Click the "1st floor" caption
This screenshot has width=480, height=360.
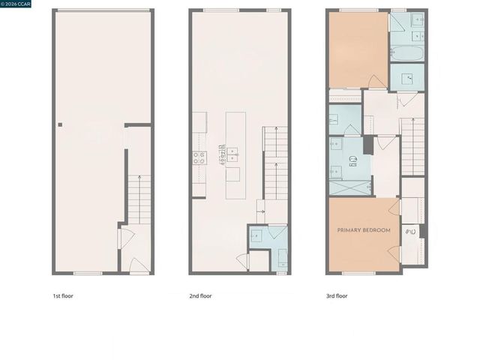pyautogui.click(x=63, y=295)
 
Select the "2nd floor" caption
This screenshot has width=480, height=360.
pyautogui.click(x=200, y=295)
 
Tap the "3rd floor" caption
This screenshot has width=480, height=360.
pyautogui.click(x=337, y=295)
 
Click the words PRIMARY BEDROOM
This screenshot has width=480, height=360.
pyautogui.click(x=364, y=230)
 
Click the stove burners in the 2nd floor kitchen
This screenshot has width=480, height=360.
pyautogui.click(x=199, y=157)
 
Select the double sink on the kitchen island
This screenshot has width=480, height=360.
pyautogui.click(x=233, y=154)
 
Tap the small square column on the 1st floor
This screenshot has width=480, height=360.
pyautogui.click(x=60, y=125)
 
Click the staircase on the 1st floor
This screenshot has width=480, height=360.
pyautogui.click(x=139, y=199)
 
